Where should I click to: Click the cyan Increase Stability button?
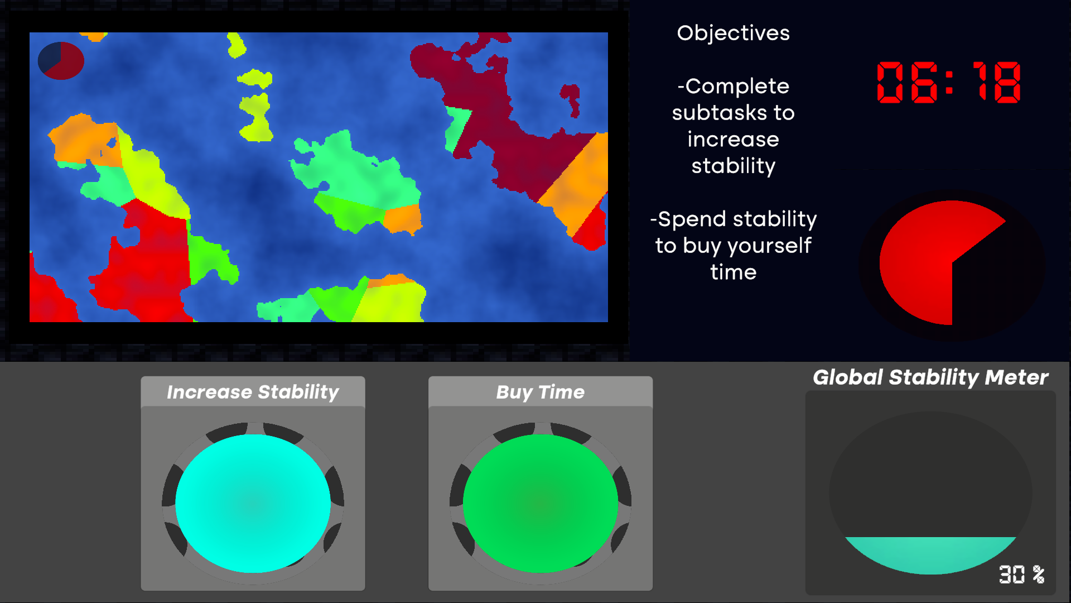click(x=253, y=503)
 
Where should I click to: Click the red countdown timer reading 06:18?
click(x=949, y=82)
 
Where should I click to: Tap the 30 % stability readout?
click(x=1021, y=574)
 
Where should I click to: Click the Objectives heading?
click(x=733, y=33)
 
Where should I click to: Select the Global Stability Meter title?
click(x=930, y=377)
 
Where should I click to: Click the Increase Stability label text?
click(x=253, y=392)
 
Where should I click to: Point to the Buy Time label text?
click(x=541, y=392)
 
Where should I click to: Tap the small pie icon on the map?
click(x=61, y=60)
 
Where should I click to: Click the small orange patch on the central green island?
click(x=402, y=219)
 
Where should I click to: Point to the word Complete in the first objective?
click(x=736, y=87)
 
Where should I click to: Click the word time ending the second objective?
click(x=733, y=272)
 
